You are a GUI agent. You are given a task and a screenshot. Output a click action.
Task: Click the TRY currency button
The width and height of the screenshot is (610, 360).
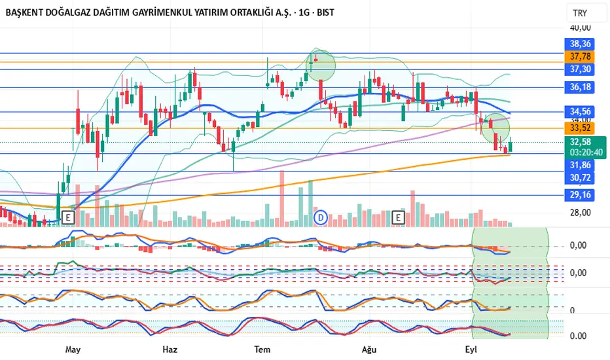pyautogui.click(x=580, y=13)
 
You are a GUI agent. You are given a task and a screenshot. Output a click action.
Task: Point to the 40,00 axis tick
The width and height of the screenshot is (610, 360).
pyautogui.click(x=581, y=28)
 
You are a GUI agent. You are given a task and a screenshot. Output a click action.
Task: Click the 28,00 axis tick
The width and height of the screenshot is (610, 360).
pyautogui.click(x=581, y=213)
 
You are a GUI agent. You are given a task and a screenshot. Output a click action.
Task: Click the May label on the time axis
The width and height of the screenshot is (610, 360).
pyautogui.click(x=73, y=350)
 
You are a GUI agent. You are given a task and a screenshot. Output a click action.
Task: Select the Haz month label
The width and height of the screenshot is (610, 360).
pyautogui.click(x=170, y=350)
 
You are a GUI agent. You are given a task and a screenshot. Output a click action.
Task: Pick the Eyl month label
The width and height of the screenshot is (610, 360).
pyautogui.click(x=470, y=350)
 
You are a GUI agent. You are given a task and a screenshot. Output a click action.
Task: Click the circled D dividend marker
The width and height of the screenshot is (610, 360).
pyautogui.click(x=321, y=217)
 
